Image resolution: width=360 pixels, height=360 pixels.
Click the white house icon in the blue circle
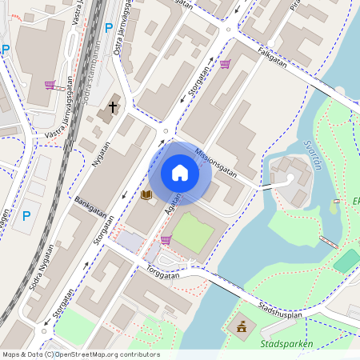click(179, 173)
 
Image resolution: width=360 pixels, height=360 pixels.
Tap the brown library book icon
click(146, 194)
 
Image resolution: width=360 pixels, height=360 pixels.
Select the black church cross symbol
click(113, 106)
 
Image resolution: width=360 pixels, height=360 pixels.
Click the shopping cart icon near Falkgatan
click(225, 64)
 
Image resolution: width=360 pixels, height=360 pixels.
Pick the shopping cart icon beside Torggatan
click(166, 239)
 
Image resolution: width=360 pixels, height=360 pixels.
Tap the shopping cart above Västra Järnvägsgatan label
click(50, 85)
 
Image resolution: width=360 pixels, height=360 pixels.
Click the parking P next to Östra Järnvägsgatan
click(109, 28)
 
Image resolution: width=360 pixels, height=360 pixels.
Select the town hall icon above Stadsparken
click(240, 326)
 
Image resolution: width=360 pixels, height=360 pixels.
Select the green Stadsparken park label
click(286, 344)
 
